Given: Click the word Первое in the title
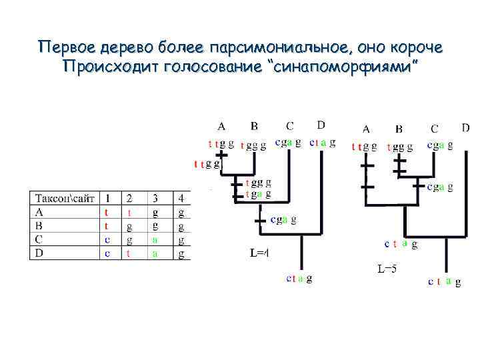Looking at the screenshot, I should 64,48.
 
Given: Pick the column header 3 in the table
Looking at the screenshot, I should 155,199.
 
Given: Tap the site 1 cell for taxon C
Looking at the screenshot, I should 107,239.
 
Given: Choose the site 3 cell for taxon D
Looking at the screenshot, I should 155,253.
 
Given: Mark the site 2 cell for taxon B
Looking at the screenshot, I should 129,226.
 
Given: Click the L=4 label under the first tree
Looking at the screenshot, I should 259,253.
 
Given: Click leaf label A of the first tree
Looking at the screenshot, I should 221,125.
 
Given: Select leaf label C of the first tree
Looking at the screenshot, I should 289,125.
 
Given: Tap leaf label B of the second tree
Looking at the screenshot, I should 399,129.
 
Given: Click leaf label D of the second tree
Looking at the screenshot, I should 465,127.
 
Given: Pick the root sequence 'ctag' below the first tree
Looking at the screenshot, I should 299,279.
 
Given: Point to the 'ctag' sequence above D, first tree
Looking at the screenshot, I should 322,142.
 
